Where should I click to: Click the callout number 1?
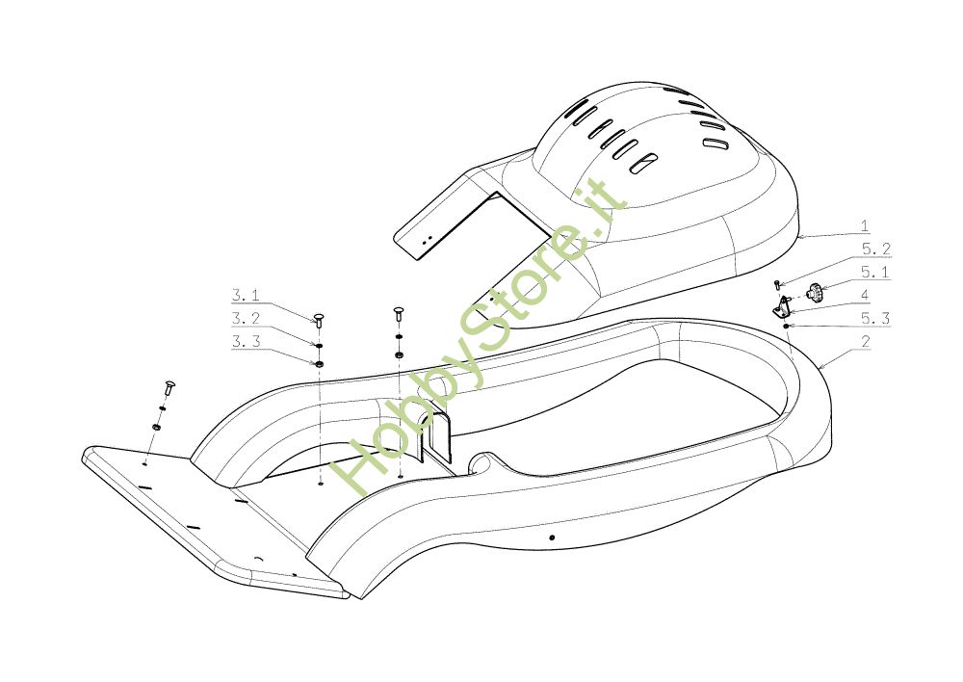865,227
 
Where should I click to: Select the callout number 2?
865,342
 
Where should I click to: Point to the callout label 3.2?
246,318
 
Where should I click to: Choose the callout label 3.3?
246,341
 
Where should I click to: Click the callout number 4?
865,295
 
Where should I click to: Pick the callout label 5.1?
875,272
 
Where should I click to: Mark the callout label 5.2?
875,249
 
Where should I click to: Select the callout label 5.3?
875,318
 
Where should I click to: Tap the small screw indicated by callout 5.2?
776,284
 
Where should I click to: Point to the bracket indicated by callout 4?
783,307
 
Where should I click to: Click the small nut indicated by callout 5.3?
787,327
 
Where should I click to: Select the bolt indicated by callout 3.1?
319,318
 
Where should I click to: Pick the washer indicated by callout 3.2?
319,344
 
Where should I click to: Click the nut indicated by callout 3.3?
319,363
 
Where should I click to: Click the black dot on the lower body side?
551,537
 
